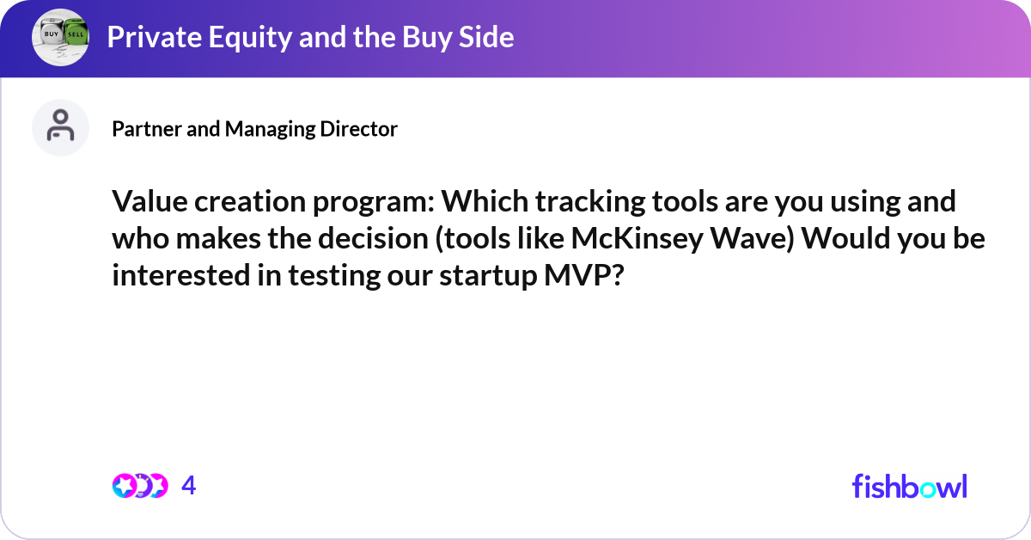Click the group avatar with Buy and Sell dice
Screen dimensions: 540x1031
(60, 38)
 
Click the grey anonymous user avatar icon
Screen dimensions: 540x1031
(60, 127)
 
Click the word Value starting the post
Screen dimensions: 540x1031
(146, 203)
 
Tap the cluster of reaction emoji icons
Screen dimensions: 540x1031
(139, 486)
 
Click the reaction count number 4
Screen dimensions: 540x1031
(189, 486)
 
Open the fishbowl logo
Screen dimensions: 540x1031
(909, 486)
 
